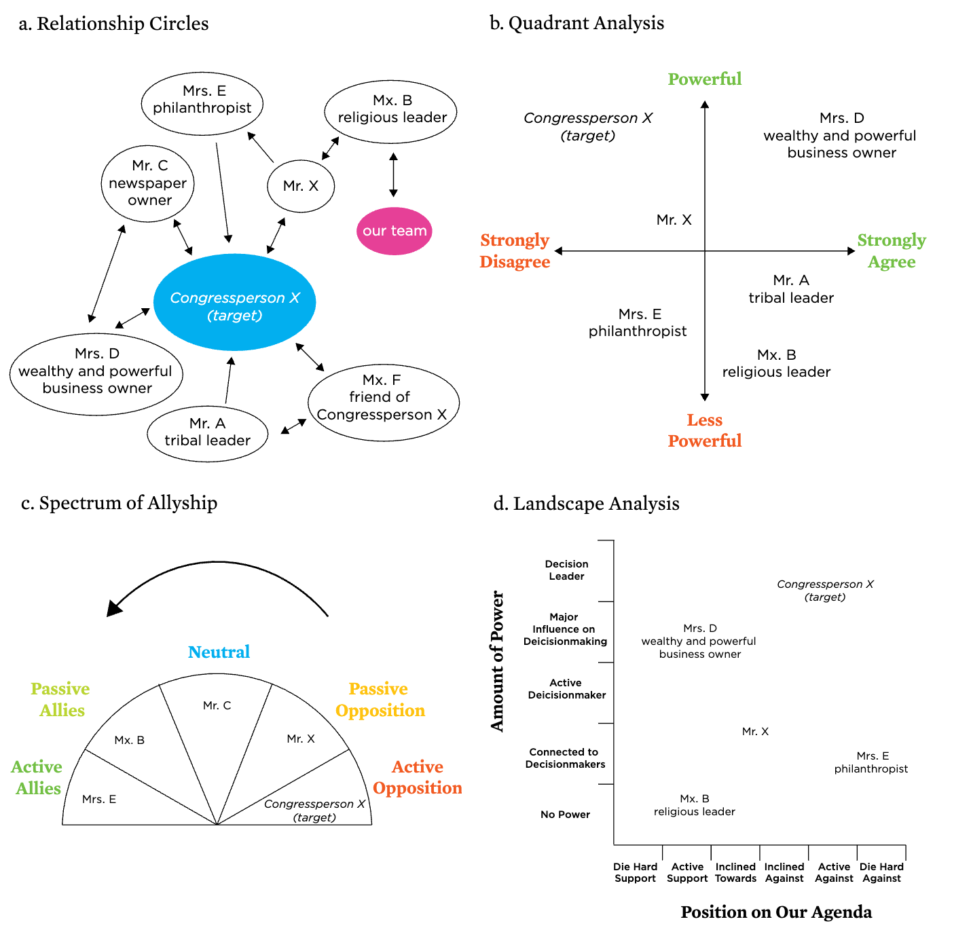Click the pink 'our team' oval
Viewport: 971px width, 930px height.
[x=394, y=231]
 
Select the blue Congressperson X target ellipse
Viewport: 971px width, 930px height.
[x=234, y=303]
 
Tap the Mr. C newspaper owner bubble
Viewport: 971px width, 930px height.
[x=148, y=183]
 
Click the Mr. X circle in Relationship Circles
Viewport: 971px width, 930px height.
[x=301, y=186]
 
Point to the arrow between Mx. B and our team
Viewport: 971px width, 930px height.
[x=393, y=174]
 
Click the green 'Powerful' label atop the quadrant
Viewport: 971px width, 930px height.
[x=704, y=79]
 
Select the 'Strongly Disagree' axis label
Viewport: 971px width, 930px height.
[x=515, y=250]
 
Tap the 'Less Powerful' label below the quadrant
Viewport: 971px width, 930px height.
[x=704, y=430]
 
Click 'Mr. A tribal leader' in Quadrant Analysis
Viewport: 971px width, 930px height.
[x=791, y=289]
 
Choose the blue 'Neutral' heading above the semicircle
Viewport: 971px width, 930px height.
[x=219, y=652]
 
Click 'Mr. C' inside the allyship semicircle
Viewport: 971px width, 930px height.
[x=217, y=706]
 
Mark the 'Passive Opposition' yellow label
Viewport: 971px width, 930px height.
[x=380, y=700]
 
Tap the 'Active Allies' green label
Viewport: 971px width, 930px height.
[x=37, y=777]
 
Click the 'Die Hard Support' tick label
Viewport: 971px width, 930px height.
[x=635, y=872]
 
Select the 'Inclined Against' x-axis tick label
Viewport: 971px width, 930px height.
[x=784, y=872]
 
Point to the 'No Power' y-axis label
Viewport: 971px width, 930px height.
[x=565, y=815]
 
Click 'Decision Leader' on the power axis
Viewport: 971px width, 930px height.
[x=566, y=570]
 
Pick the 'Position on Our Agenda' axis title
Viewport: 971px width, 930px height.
[x=776, y=912]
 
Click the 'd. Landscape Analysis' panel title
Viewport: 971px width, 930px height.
[x=586, y=504]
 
